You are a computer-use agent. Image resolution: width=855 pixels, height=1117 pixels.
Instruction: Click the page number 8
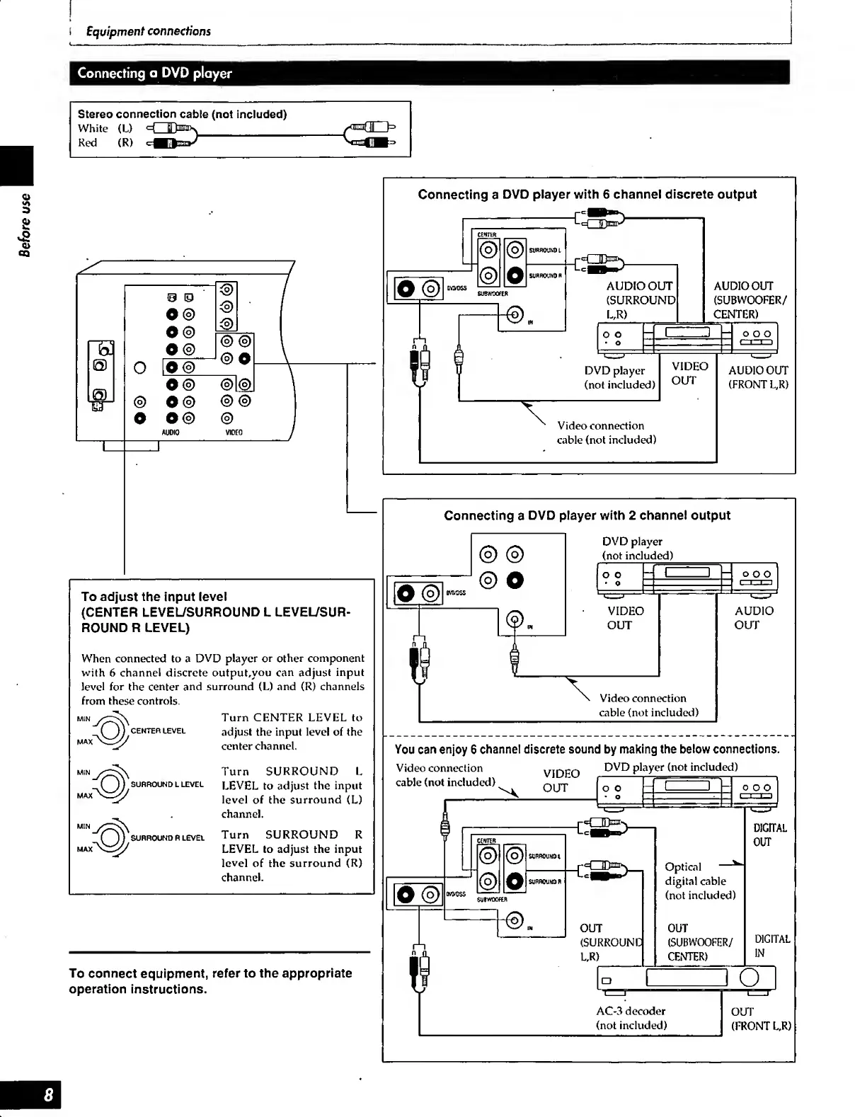pyautogui.click(x=47, y=1095)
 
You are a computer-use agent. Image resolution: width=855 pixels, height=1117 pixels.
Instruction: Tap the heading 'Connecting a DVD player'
pyautogui.click(x=154, y=73)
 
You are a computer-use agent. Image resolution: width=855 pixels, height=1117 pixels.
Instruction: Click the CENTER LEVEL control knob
pyautogui.click(x=110, y=731)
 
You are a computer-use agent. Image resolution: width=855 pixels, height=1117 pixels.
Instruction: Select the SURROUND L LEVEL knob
pyautogui.click(x=110, y=784)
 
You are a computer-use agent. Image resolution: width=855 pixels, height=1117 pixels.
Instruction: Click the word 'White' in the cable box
pyautogui.click(x=93, y=128)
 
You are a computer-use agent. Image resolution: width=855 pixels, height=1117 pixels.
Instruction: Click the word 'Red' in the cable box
pyautogui.click(x=88, y=142)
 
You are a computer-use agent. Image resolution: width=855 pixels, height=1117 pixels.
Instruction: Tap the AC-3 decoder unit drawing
pyautogui.click(x=686, y=978)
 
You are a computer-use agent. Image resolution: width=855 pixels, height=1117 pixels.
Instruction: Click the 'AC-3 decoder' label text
pyautogui.click(x=631, y=1011)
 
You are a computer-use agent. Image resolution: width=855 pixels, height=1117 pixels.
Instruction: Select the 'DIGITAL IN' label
pyautogui.click(x=771, y=946)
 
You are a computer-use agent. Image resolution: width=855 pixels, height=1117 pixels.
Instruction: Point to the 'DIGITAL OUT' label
pyautogui.click(x=770, y=835)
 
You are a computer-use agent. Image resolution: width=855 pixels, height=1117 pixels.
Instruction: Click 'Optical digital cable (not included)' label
pyautogui.click(x=699, y=881)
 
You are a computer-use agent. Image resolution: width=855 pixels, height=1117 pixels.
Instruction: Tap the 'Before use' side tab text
pyautogui.click(x=25, y=224)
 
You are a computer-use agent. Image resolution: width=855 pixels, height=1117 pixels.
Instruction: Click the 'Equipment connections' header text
pyautogui.click(x=148, y=31)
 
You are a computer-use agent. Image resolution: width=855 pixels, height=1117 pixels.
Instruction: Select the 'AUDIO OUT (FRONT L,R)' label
pyautogui.click(x=758, y=377)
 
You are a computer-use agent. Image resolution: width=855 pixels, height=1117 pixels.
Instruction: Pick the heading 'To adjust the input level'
pyautogui.click(x=154, y=597)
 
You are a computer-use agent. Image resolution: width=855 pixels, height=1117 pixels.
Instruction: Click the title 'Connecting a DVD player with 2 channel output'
pyautogui.click(x=587, y=515)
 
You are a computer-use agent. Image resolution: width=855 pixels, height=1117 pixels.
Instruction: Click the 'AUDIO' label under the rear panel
pyautogui.click(x=171, y=432)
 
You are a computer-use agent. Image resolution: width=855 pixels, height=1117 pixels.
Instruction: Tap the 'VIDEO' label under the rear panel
pyautogui.click(x=234, y=432)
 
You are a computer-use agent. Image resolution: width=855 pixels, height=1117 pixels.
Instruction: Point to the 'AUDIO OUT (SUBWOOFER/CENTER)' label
pyautogui.click(x=749, y=299)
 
